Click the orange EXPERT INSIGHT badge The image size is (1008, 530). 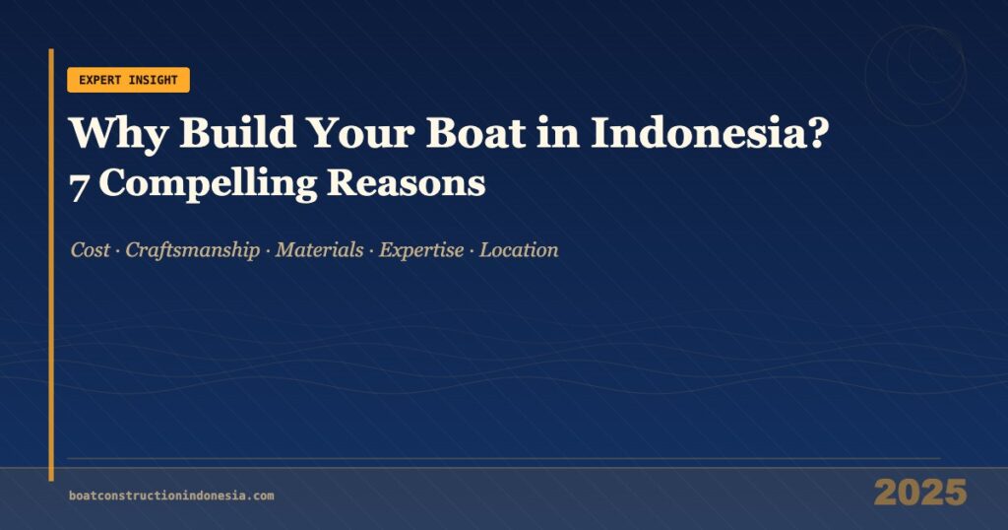click(128, 80)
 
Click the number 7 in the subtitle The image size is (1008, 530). click(78, 184)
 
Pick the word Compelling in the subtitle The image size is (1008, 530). click(206, 184)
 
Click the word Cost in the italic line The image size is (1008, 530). click(90, 250)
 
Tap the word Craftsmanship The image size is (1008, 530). click(193, 250)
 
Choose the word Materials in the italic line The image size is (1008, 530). click(319, 250)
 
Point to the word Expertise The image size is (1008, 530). click(421, 250)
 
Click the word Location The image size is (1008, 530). click(519, 250)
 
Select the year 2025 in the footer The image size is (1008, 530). click(919, 493)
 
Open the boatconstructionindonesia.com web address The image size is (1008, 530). click(171, 496)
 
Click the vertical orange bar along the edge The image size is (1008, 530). click(51, 266)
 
